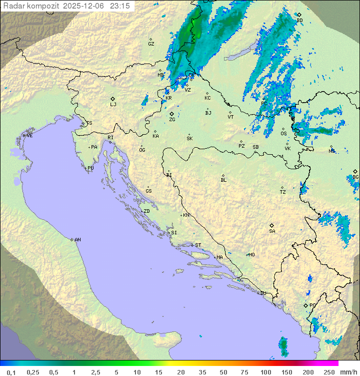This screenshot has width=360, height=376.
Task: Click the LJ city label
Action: (113, 105)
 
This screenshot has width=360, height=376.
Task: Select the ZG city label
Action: (172, 120)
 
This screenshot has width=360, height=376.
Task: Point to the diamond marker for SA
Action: (272, 225)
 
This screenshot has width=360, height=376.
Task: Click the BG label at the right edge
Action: (355, 177)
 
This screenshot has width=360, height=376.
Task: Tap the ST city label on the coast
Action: (198, 245)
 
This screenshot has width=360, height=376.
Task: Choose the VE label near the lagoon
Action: (29, 136)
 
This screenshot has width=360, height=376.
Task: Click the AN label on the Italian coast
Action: (77, 240)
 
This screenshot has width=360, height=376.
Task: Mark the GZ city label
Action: (151, 44)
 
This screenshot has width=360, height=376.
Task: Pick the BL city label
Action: (223, 180)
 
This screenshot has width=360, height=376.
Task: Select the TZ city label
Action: (283, 192)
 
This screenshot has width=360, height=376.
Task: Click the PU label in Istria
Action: (90, 168)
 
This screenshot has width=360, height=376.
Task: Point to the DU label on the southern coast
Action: (262, 293)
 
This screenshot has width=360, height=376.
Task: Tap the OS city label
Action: (283, 134)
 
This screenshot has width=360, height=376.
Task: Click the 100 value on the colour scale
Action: (265, 372)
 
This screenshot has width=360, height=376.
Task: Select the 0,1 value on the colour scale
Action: (11, 372)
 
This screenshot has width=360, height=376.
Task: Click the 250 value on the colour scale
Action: (328, 372)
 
